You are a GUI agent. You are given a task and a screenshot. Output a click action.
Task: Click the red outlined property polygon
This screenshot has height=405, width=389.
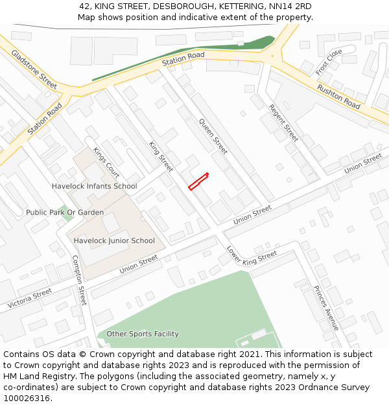tap(198, 181)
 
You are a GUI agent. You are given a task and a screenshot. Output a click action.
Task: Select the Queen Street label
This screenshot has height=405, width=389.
tap(213, 136)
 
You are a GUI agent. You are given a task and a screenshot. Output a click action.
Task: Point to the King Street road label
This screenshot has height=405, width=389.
tap(161, 157)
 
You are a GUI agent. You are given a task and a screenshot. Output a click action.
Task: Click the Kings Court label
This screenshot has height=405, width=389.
tap(106, 163)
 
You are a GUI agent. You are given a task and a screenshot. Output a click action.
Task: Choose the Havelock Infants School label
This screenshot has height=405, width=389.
tap(95, 187)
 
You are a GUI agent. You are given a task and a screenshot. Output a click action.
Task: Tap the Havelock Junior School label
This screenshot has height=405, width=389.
tap(114, 241)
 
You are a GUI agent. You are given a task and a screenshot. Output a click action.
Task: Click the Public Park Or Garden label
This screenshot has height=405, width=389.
tap(65, 213)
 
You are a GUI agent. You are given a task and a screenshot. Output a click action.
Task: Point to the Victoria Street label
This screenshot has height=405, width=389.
tap(30, 298)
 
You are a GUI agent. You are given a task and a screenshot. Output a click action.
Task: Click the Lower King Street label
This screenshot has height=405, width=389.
tap(252, 254)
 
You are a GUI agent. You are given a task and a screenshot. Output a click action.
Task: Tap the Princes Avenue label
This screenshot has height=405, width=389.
tap(326, 308)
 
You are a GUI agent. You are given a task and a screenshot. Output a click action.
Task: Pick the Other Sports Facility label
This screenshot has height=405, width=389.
tap(143, 334)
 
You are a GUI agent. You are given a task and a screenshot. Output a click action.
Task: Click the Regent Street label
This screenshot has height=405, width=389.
tap(283, 122)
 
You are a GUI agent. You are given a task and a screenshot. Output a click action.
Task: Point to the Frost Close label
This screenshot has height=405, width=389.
tap(329, 62)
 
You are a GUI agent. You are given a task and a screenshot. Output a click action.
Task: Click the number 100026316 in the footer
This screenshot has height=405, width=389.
tap(27, 399)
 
